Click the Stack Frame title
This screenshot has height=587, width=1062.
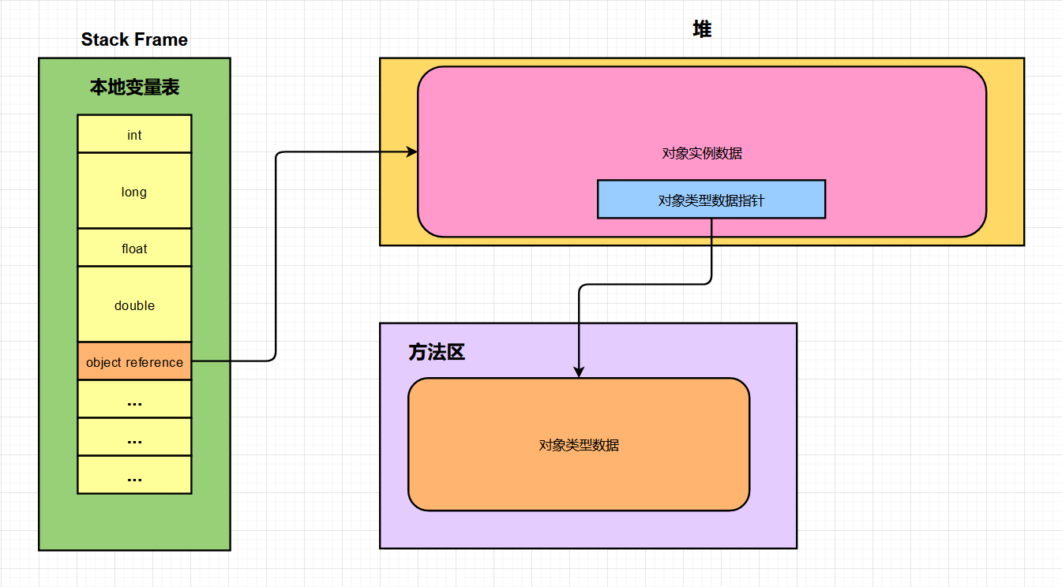pyautogui.click(x=134, y=39)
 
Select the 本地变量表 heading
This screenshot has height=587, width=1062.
pyautogui.click(x=134, y=87)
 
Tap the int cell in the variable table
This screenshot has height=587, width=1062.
pyautogui.click(x=134, y=135)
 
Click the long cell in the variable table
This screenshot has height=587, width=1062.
pyautogui.click(x=134, y=192)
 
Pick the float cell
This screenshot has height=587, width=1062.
pyautogui.click(x=134, y=249)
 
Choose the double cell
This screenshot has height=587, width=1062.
pyautogui.click(x=134, y=305)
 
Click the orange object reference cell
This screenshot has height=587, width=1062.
pyautogui.click(x=134, y=362)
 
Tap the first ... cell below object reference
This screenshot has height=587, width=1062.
pyautogui.click(x=134, y=400)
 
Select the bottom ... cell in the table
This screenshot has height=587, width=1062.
pyautogui.click(x=134, y=476)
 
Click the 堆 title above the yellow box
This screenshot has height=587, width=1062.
pyautogui.click(x=701, y=30)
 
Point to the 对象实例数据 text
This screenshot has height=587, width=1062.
pyautogui.click(x=701, y=154)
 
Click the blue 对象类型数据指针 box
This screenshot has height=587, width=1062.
pyautogui.click(x=711, y=200)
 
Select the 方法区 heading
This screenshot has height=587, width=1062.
pyautogui.click(x=437, y=353)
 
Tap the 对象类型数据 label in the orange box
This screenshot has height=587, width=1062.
pyautogui.click(x=578, y=445)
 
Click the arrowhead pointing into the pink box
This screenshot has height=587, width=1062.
pyautogui.click(x=412, y=152)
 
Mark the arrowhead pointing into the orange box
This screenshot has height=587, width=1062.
pyautogui.click(x=579, y=372)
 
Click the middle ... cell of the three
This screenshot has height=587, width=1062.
pyautogui.click(x=134, y=438)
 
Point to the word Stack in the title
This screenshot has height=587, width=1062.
pyautogui.click(x=105, y=39)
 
